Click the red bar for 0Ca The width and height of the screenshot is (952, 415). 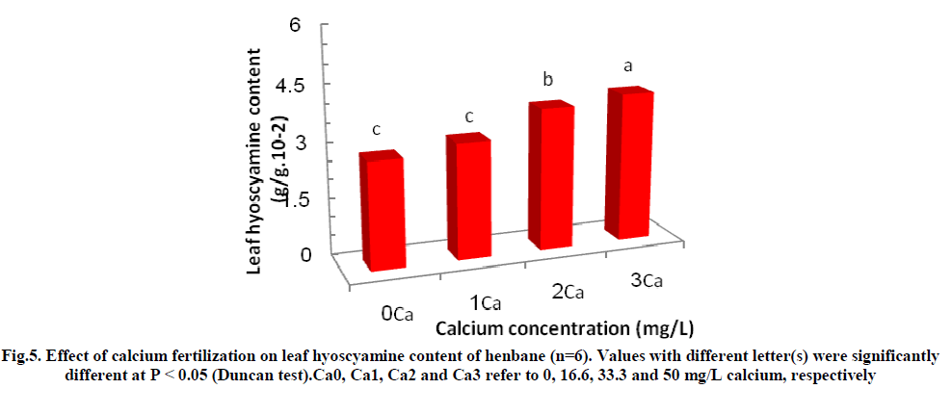pos(382,210)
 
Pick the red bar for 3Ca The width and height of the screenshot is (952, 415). pos(627,163)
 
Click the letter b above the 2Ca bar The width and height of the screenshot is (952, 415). pos(547,79)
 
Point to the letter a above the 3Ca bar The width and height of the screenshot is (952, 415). pos(628,66)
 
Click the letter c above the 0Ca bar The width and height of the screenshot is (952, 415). pos(378,130)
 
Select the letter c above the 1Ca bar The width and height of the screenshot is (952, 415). pos(469,117)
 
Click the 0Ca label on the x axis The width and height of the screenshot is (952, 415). pos(397,313)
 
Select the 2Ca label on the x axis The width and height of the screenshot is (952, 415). pos(568,291)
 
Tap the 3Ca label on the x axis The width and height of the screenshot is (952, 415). pos(643,280)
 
